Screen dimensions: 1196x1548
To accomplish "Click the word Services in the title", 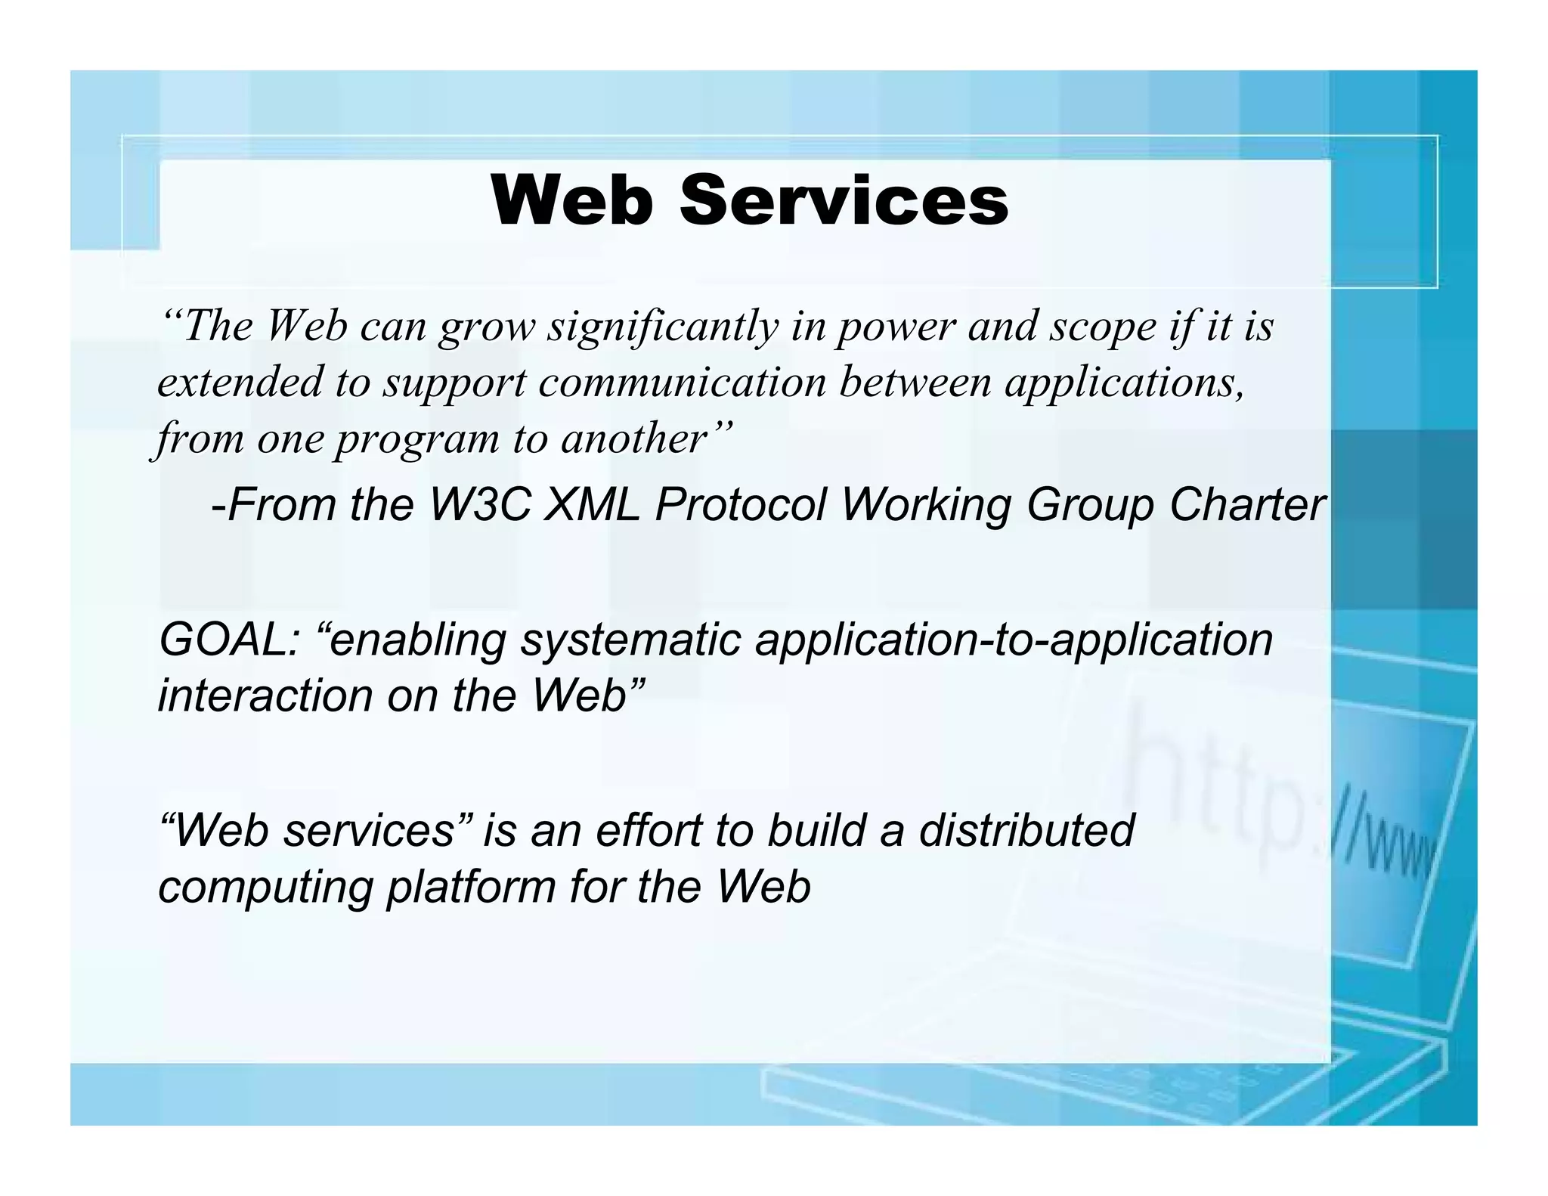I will point(844,201).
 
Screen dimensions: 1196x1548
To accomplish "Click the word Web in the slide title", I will point(571,201).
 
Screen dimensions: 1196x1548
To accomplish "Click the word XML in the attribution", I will point(591,504).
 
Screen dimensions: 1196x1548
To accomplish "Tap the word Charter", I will point(1246,504).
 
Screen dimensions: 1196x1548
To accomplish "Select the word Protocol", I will point(741,504).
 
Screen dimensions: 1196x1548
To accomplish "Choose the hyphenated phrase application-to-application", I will point(1014,640).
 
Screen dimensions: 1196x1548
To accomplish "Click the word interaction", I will point(265,696).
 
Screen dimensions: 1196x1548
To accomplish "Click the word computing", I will point(265,886).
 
